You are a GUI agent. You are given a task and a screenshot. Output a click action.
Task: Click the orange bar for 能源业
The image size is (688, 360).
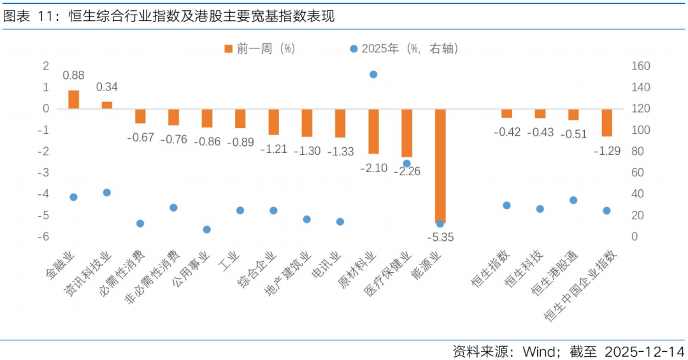coord(440,165)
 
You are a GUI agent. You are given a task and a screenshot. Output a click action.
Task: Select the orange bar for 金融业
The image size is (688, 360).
coord(74,99)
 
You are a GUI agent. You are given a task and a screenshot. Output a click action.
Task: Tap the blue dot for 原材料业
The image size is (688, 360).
coord(373,75)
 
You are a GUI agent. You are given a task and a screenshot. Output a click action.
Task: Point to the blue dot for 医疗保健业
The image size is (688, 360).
coord(406,164)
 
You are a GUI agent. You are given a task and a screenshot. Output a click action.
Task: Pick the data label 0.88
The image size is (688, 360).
coord(74,75)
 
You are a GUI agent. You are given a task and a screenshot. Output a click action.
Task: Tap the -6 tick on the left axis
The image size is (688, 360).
coord(46,237)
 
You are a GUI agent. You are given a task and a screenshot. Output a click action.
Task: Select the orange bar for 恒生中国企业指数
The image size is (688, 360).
coord(606,122)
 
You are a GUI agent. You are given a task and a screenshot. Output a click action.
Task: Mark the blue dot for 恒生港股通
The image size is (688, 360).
coord(573,200)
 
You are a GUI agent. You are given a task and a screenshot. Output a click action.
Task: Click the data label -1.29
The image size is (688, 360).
coord(606,151)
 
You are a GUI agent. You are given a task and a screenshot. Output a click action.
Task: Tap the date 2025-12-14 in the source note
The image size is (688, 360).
coord(644,351)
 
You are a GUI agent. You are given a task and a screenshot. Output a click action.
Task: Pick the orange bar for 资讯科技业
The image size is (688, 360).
coord(107,105)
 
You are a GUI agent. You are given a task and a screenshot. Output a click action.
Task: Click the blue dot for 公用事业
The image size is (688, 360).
coord(206,229)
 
